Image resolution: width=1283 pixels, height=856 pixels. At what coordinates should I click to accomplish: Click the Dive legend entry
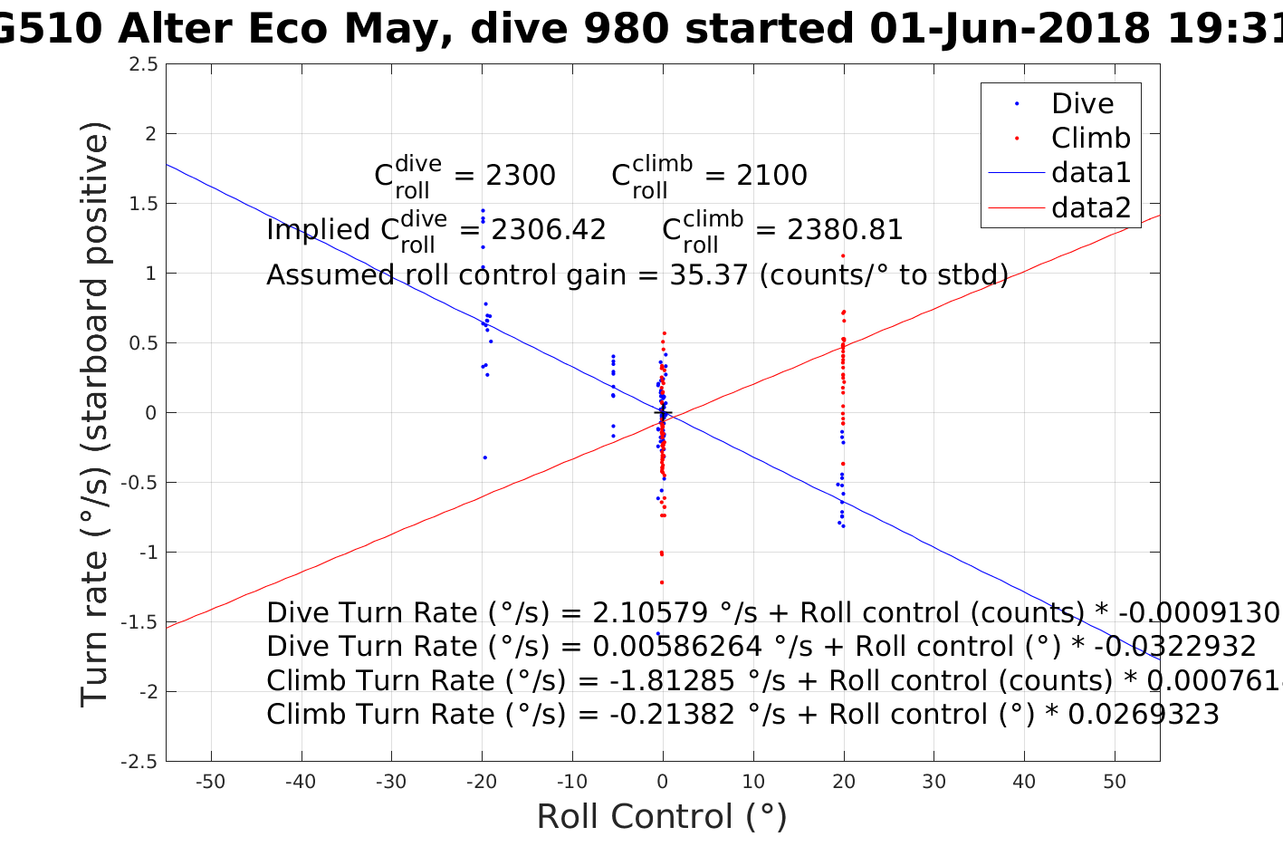(1082, 104)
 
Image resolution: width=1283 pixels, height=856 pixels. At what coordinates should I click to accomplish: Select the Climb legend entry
(1090, 139)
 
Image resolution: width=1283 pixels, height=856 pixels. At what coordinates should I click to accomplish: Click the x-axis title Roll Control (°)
(662, 817)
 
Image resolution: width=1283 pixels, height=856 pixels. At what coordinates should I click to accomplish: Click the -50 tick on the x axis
(211, 783)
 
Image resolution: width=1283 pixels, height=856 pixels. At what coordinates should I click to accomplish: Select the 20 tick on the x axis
(844, 783)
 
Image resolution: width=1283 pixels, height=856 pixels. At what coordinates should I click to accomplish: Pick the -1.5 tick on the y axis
(140, 622)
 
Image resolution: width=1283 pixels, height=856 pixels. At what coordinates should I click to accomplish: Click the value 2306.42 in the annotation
(549, 230)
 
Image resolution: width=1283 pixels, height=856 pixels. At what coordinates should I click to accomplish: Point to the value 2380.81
(846, 230)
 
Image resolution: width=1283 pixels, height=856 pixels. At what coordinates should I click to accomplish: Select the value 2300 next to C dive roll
(521, 176)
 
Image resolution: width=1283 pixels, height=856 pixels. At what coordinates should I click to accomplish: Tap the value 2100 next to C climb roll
(771, 176)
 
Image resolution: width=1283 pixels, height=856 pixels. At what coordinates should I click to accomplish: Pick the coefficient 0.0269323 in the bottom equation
(1144, 715)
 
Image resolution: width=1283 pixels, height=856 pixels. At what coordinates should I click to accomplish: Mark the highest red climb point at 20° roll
(843, 255)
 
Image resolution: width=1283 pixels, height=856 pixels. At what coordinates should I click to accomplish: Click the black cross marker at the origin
(663, 413)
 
